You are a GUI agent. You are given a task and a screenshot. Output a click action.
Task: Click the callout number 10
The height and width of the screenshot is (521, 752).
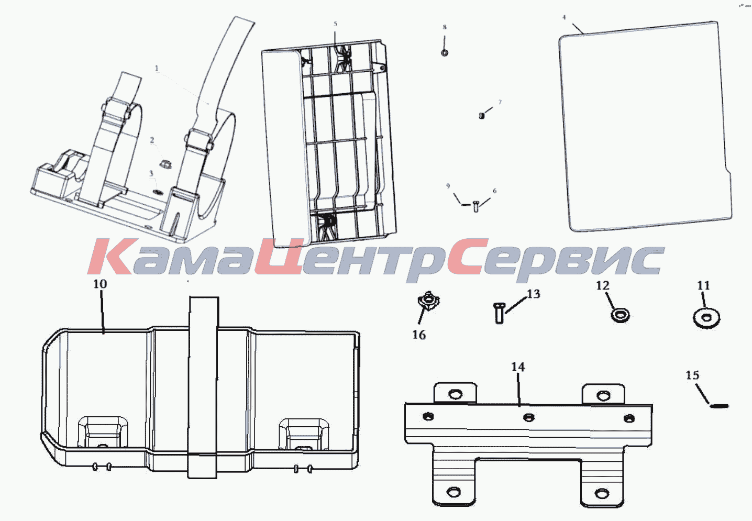point(99,284)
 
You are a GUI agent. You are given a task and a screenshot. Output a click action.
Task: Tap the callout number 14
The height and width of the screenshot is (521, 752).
point(518,367)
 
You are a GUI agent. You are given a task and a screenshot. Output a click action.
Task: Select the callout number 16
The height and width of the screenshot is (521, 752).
point(419,335)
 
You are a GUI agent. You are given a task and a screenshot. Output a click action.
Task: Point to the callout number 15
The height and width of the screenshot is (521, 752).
point(692,375)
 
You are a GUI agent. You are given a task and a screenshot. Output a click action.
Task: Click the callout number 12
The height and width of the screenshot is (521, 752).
point(603,286)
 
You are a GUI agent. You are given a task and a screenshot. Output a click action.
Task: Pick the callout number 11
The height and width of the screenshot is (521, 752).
point(704,286)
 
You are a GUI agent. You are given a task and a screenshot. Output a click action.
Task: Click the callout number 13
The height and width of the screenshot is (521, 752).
point(534,294)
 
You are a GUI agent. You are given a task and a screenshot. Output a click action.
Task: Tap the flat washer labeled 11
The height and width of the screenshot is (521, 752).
point(706,318)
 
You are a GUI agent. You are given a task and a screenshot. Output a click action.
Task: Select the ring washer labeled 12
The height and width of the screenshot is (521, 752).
point(620,316)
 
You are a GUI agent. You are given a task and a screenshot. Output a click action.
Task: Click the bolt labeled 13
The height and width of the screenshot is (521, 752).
point(499,313)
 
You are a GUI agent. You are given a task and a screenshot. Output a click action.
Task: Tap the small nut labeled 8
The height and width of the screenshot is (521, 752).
point(445,53)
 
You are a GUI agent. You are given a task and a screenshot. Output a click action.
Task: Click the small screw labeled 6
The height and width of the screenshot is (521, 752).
point(475,206)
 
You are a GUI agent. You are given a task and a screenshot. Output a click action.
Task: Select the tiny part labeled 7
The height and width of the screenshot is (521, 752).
point(481,116)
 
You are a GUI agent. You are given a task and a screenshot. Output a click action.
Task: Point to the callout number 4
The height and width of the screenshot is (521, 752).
point(564,17)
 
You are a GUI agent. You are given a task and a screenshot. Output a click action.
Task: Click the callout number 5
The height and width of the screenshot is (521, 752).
point(335,24)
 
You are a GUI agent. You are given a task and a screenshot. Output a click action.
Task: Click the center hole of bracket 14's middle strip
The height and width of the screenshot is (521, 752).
point(529,418)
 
